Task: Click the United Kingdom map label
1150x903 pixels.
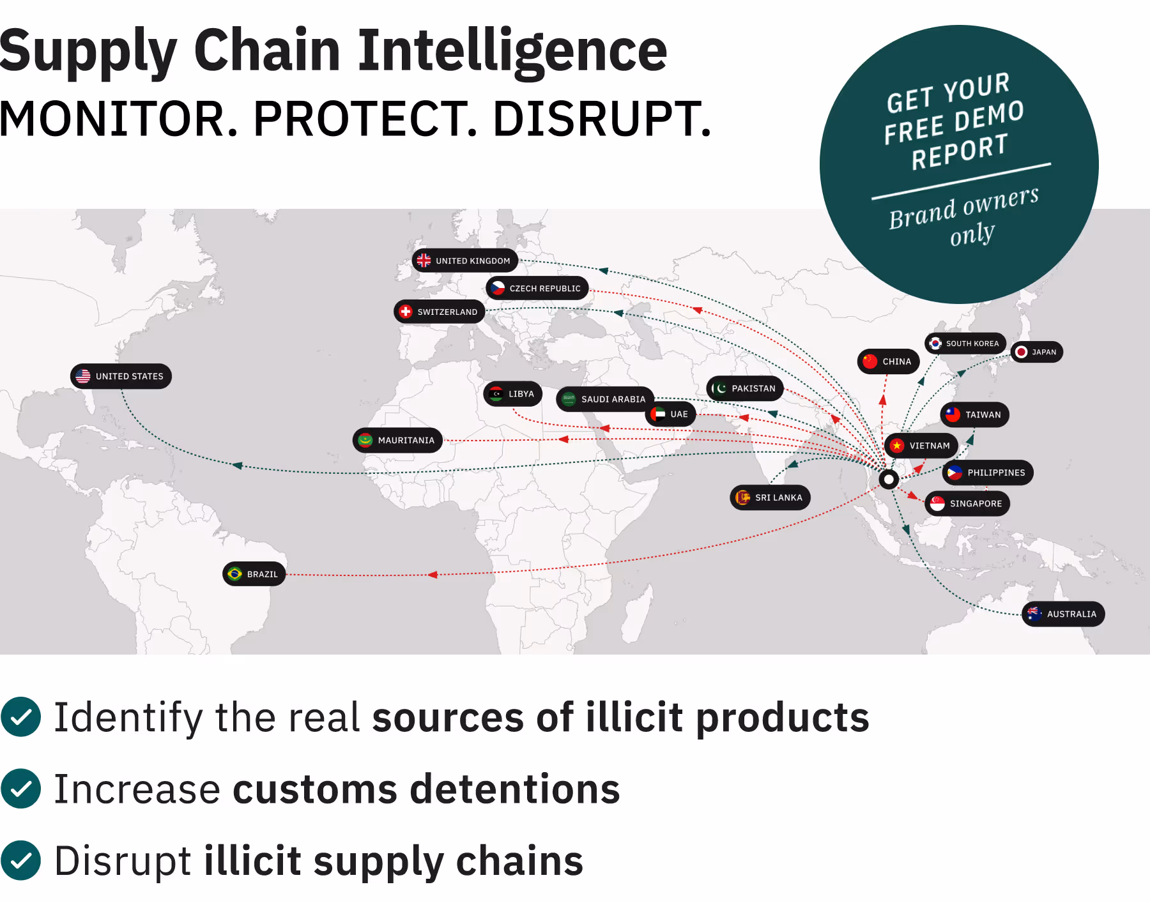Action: click(x=465, y=261)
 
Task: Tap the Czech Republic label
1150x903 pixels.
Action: click(x=537, y=288)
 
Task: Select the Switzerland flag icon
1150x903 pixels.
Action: click(x=405, y=312)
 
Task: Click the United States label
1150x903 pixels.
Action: click(x=121, y=376)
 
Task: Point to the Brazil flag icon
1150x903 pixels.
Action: click(x=234, y=573)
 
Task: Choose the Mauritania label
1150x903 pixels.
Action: click(x=397, y=440)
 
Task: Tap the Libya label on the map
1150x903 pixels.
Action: click(x=513, y=394)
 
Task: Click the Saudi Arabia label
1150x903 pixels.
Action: click(x=605, y=399)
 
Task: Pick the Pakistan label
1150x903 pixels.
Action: click(x=745, y=388)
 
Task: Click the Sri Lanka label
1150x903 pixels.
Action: click(x=770, y=497)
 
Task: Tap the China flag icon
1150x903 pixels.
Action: click(x=870, y=361)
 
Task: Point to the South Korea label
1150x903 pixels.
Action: click(x=965, y=344)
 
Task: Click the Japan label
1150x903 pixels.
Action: click(x=1037, y=352)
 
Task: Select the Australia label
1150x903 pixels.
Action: click(x=1063, y=614)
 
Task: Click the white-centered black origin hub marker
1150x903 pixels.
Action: click(x=889, y=479)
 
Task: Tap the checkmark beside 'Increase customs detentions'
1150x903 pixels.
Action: click(x=21, y=789)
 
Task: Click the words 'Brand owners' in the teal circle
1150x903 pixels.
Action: click(x=963, y=208)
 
